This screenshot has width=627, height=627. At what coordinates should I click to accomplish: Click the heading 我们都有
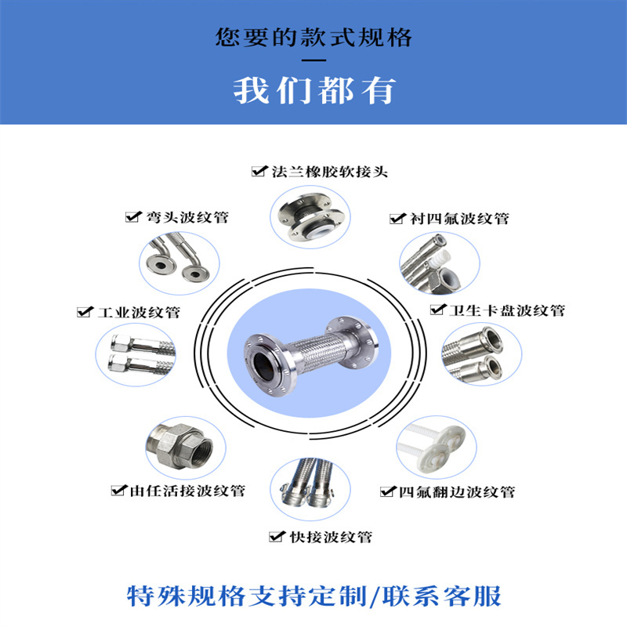coord(314,91)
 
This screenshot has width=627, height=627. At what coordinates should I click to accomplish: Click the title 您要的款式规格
coord(314,37)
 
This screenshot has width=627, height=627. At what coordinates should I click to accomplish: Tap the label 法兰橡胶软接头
coord(330,172)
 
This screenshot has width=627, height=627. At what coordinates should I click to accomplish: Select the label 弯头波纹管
coord(187,217)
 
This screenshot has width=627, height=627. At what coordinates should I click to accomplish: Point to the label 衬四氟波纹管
coord(459,219)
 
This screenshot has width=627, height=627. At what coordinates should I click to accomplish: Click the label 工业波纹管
coord(139,312)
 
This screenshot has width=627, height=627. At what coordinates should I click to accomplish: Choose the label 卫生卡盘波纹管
coord(506,310)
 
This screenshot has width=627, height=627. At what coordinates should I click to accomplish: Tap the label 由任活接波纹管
coord(187,491)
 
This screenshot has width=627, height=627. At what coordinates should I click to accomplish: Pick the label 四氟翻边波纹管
coord(457,492)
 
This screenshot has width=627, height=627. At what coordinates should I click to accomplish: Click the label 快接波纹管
coord(331,537)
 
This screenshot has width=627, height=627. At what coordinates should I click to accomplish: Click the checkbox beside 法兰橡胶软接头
coord(259,171)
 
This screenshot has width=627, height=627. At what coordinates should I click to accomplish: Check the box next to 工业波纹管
coord(85,311)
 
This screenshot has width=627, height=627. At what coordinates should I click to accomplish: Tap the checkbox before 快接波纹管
coord(277,536)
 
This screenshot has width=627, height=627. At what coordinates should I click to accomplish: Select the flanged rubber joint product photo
coord(310,217)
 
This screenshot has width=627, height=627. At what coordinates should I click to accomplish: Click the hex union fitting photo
coord(186,448)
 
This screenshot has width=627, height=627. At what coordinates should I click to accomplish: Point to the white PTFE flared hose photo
coord(437,447)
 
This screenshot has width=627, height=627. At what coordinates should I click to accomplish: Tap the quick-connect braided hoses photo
coord(310,489)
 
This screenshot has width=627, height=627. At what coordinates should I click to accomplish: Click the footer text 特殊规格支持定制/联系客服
coord(314,596)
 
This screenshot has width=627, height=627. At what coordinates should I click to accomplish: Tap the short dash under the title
coord(314,60)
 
